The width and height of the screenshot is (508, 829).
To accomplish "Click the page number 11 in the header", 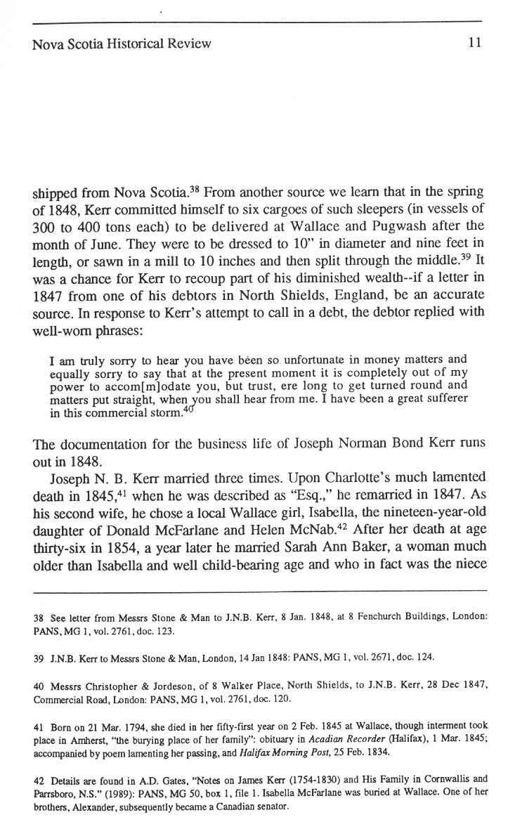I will coord(474,44).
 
